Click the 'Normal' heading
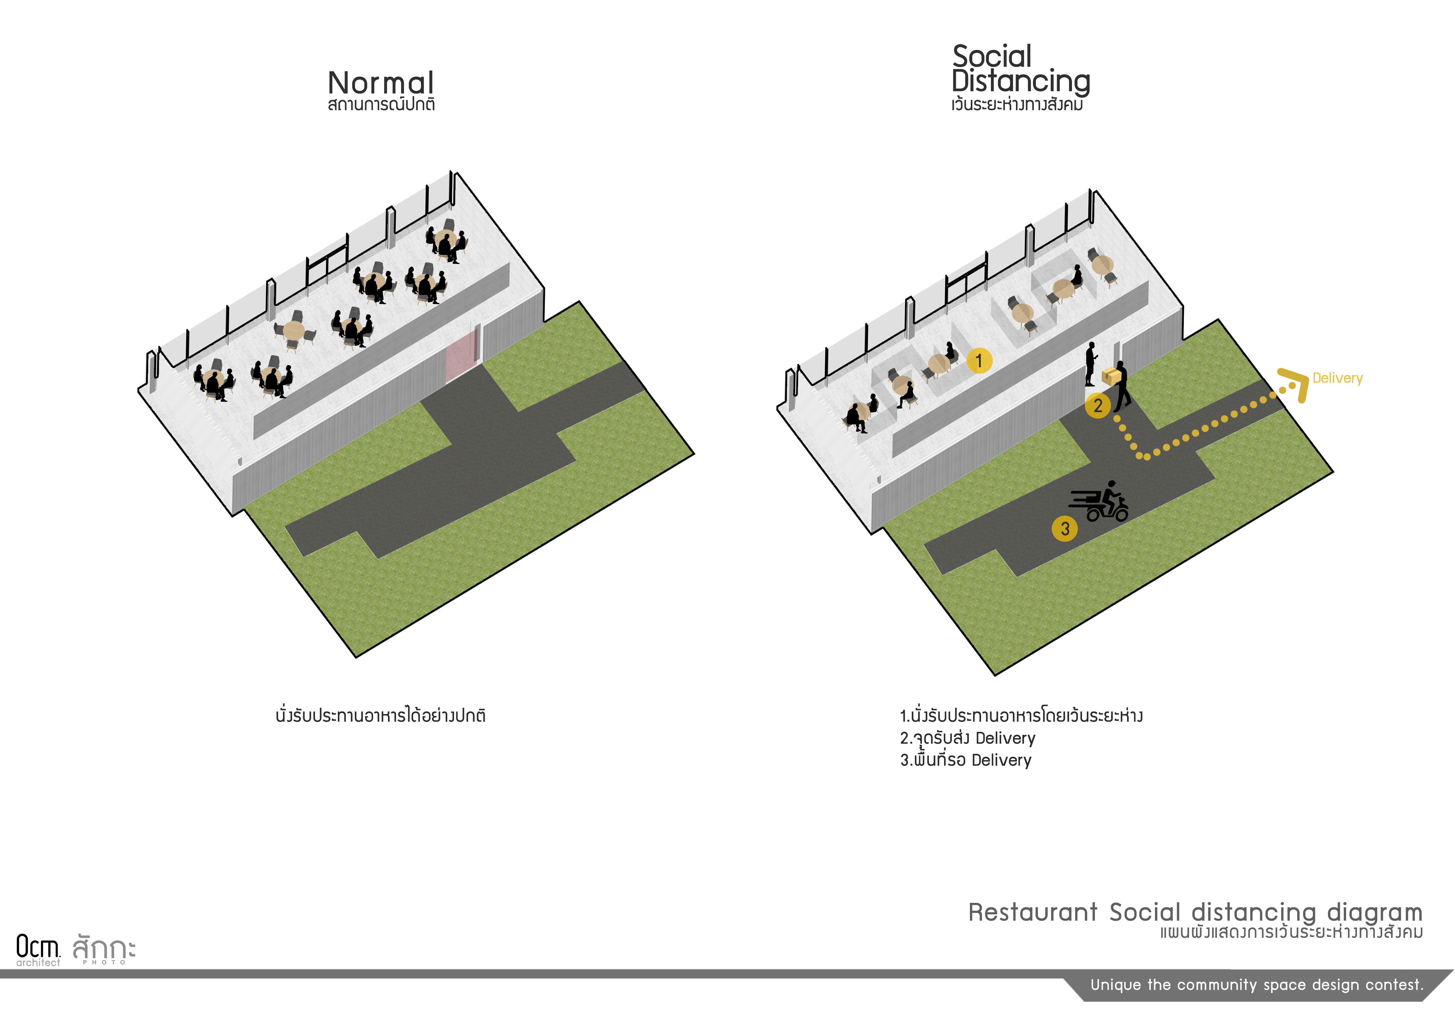coord(381,83)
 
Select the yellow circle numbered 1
coord(979,361)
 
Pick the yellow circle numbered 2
coord(1097,405)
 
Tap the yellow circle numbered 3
coord(1065,529)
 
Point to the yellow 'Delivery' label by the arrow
coord(1337,378)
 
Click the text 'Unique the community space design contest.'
coord(1257,985)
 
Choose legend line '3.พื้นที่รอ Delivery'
coord(966,759)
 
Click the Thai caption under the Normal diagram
coord(380,715)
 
